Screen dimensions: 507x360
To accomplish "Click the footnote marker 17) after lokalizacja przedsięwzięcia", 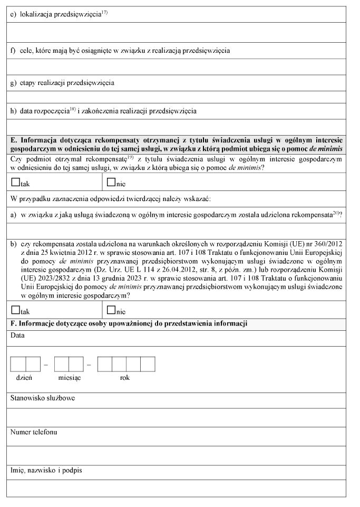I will point(104,12).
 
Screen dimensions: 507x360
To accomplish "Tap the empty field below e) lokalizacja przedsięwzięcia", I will point(178,32).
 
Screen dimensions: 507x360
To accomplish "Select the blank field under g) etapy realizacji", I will point(178,97).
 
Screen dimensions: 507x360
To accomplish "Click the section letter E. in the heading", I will point(14,140).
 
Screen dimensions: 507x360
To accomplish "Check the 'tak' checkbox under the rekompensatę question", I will point(15,183).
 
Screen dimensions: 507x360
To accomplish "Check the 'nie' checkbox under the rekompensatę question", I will point(111,183).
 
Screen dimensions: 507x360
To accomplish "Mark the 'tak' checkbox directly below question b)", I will point(15,310).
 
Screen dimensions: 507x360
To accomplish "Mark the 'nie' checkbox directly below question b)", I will point(111,310).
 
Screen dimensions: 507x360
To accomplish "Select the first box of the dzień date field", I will point(18,364).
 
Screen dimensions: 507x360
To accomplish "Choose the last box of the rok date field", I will point(148,364).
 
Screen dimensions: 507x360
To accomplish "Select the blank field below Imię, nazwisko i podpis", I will point(178,487).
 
